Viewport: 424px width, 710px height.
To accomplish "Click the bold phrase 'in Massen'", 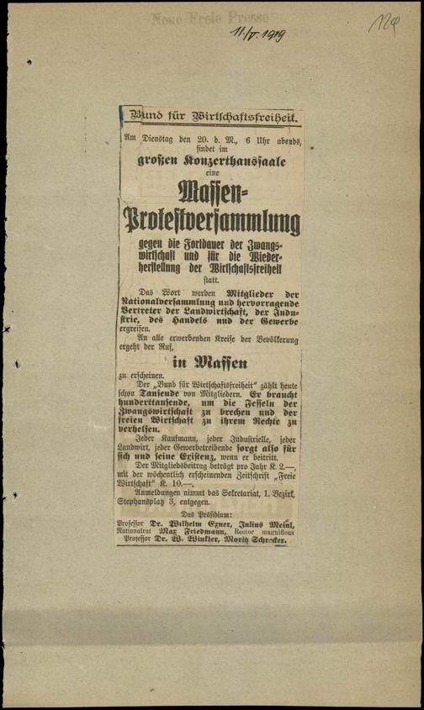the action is pos(209,364).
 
